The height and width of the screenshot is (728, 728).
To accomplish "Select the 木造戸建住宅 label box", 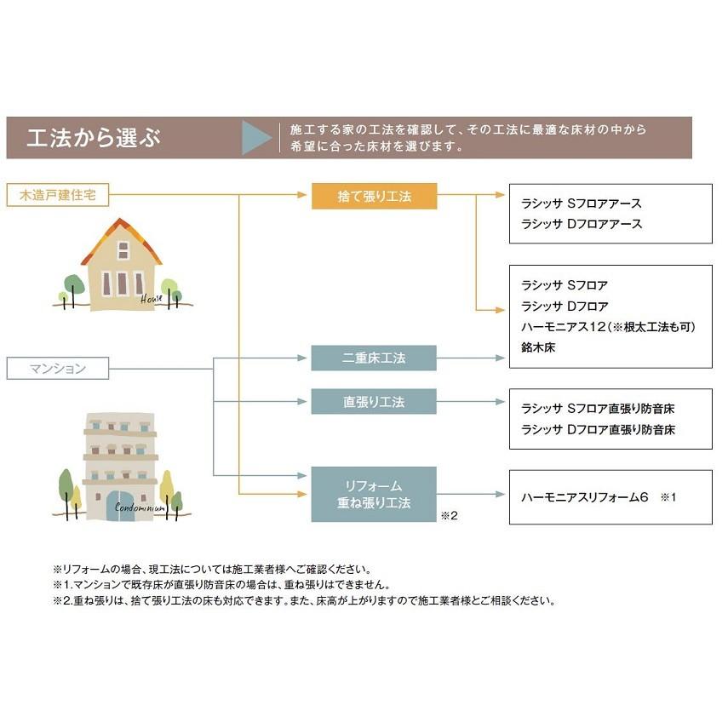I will tap(58, 195).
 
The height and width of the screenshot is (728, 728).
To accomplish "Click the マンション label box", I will tap(58, 369).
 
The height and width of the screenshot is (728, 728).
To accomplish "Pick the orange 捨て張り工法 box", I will tap(374, 196).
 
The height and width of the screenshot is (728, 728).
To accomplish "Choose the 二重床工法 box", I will tap(374, 358).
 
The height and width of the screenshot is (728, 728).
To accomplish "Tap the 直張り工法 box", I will tap(374, 401).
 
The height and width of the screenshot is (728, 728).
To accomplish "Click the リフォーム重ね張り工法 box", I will tap(374, 494).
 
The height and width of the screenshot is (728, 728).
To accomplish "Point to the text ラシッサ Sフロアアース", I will tap(581, 204).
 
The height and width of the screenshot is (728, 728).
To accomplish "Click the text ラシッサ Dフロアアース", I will tap(581, 224).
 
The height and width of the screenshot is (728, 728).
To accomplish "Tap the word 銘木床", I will tap(538, 347).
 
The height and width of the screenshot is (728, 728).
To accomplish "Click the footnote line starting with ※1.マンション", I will tap(221, 585).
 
